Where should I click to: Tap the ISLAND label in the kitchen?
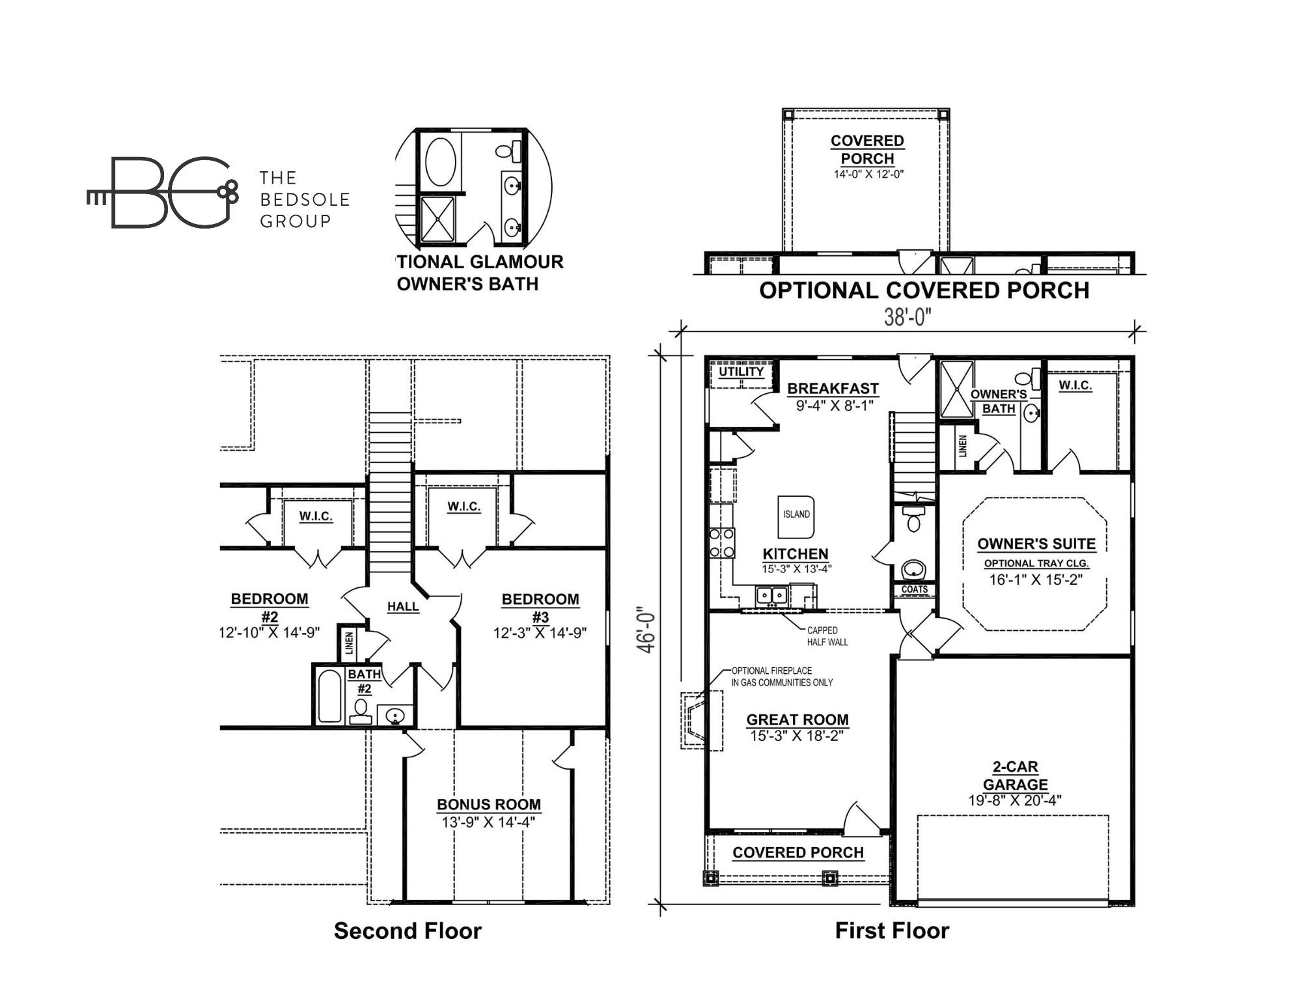796,514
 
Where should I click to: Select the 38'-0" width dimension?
907,317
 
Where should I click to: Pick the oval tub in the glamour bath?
440,162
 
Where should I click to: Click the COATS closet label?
914,589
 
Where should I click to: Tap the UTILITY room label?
741,372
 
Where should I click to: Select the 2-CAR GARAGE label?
1015,775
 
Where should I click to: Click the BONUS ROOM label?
488,805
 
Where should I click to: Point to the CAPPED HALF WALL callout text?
827,636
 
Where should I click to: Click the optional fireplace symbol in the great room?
701,721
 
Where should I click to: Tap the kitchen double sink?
771,595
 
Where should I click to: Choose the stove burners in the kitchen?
722,543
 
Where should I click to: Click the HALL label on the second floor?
403,607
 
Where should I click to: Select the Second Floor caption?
408,931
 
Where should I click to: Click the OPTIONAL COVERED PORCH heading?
924,290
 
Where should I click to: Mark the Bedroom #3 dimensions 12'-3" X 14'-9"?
540,633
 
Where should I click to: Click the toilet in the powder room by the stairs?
914,520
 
